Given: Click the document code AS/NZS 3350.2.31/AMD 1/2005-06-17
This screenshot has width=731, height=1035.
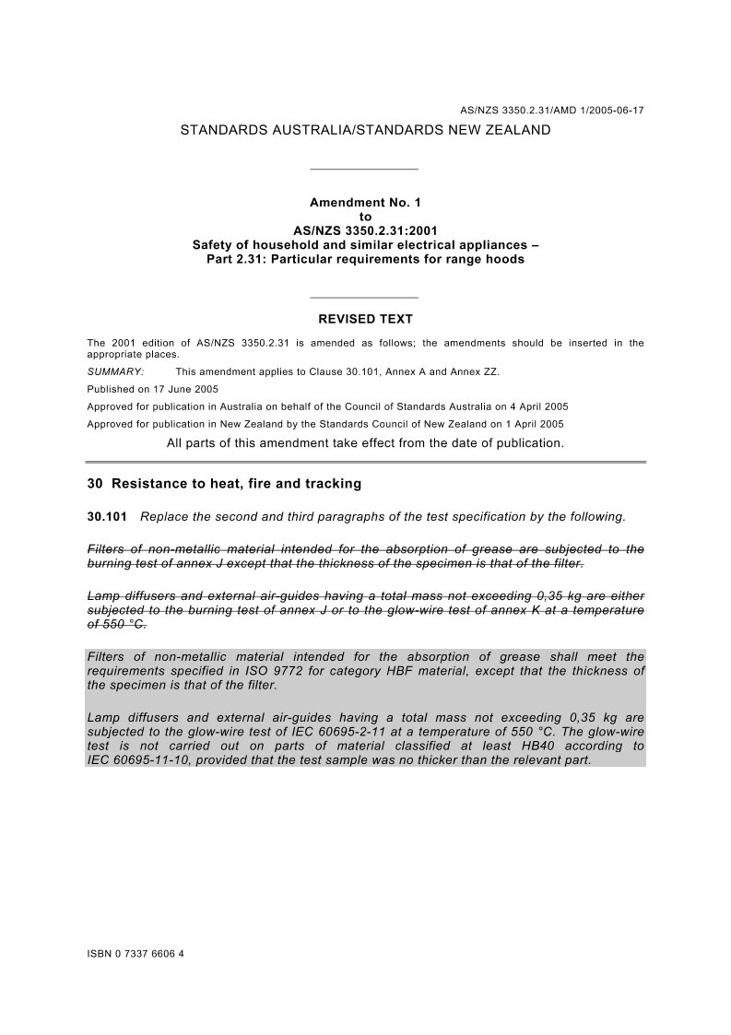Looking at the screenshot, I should click(x=551, y=111).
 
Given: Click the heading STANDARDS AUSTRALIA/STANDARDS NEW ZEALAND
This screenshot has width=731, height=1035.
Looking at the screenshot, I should click(x=365, y=130).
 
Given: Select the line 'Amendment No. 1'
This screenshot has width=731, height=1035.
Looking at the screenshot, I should click(x=365, y=202).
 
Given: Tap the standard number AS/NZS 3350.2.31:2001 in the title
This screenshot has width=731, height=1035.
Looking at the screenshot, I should click(x=365, y=230).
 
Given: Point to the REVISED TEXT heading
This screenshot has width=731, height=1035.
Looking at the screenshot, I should click(x=365, y=320).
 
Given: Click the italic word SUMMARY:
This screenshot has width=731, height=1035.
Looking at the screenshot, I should click(x=115, y=371).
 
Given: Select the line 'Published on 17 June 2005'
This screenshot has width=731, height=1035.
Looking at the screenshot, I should click(x=152, y=389).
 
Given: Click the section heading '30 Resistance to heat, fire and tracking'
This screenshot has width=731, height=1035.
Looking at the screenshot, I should click(x=224, y=483).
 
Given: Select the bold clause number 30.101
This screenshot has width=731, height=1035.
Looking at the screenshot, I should click(x=106, y=516).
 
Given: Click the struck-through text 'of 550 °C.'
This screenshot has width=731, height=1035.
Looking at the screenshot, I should click(x=116, y=623).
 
